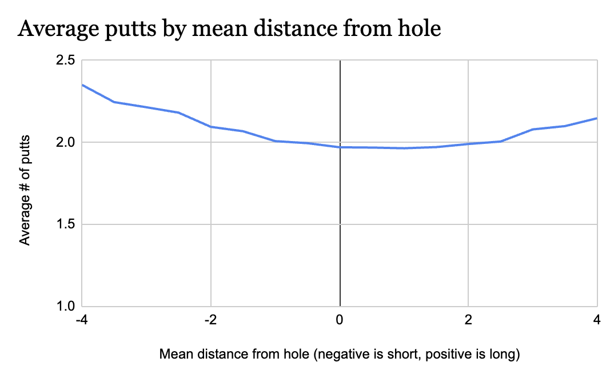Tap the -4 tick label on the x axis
(x=82, y=320)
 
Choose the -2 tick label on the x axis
(x=211, y=320)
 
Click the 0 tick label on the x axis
(x=340, y=320)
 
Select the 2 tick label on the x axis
(x=469, y=320)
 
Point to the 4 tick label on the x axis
(x=597, y=320)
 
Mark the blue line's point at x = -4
(x=82, y=85)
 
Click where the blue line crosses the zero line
(x=340, y=147)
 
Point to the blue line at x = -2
(x=211, y=127)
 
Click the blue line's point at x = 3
(x=533, y=130)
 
